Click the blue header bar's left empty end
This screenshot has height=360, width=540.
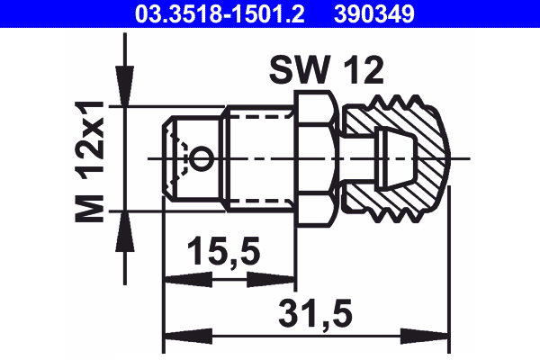pos(54,13)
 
